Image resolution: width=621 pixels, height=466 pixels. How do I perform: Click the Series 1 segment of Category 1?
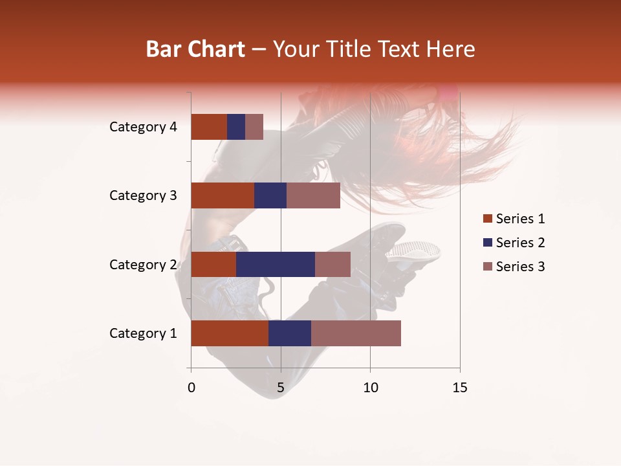[x=230, y=333]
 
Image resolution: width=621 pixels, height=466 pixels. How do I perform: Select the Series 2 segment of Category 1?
[x=290, y=333]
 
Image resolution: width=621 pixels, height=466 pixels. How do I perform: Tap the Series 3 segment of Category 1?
[x=356, y=333]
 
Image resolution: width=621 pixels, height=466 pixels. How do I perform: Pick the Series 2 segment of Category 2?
[x=276, y=264]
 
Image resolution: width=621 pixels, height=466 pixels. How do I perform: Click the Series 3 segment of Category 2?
[x=332, y=264]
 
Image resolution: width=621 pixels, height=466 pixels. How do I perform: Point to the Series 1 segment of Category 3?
[x=223, y=195]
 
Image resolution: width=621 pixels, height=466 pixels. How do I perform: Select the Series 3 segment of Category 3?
[x=313, y=195]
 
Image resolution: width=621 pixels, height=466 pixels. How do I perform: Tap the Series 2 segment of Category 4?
[x=236, y=127]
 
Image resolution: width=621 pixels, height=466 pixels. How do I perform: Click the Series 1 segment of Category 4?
[x=209, y=127]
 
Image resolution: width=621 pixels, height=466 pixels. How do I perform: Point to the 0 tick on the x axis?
[x=191, y=388]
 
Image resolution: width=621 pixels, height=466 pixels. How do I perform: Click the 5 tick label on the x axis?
[x=281, y=388]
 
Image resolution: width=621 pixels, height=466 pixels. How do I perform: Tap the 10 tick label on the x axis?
[x=370, y=388]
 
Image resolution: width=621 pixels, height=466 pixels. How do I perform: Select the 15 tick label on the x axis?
[x=459, y=388]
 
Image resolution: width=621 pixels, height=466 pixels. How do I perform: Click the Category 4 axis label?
[x=143, y=127]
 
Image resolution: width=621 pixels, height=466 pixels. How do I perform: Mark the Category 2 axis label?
[x=143, y=265]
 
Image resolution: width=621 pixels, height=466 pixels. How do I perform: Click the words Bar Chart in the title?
[x=195, y=49]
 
